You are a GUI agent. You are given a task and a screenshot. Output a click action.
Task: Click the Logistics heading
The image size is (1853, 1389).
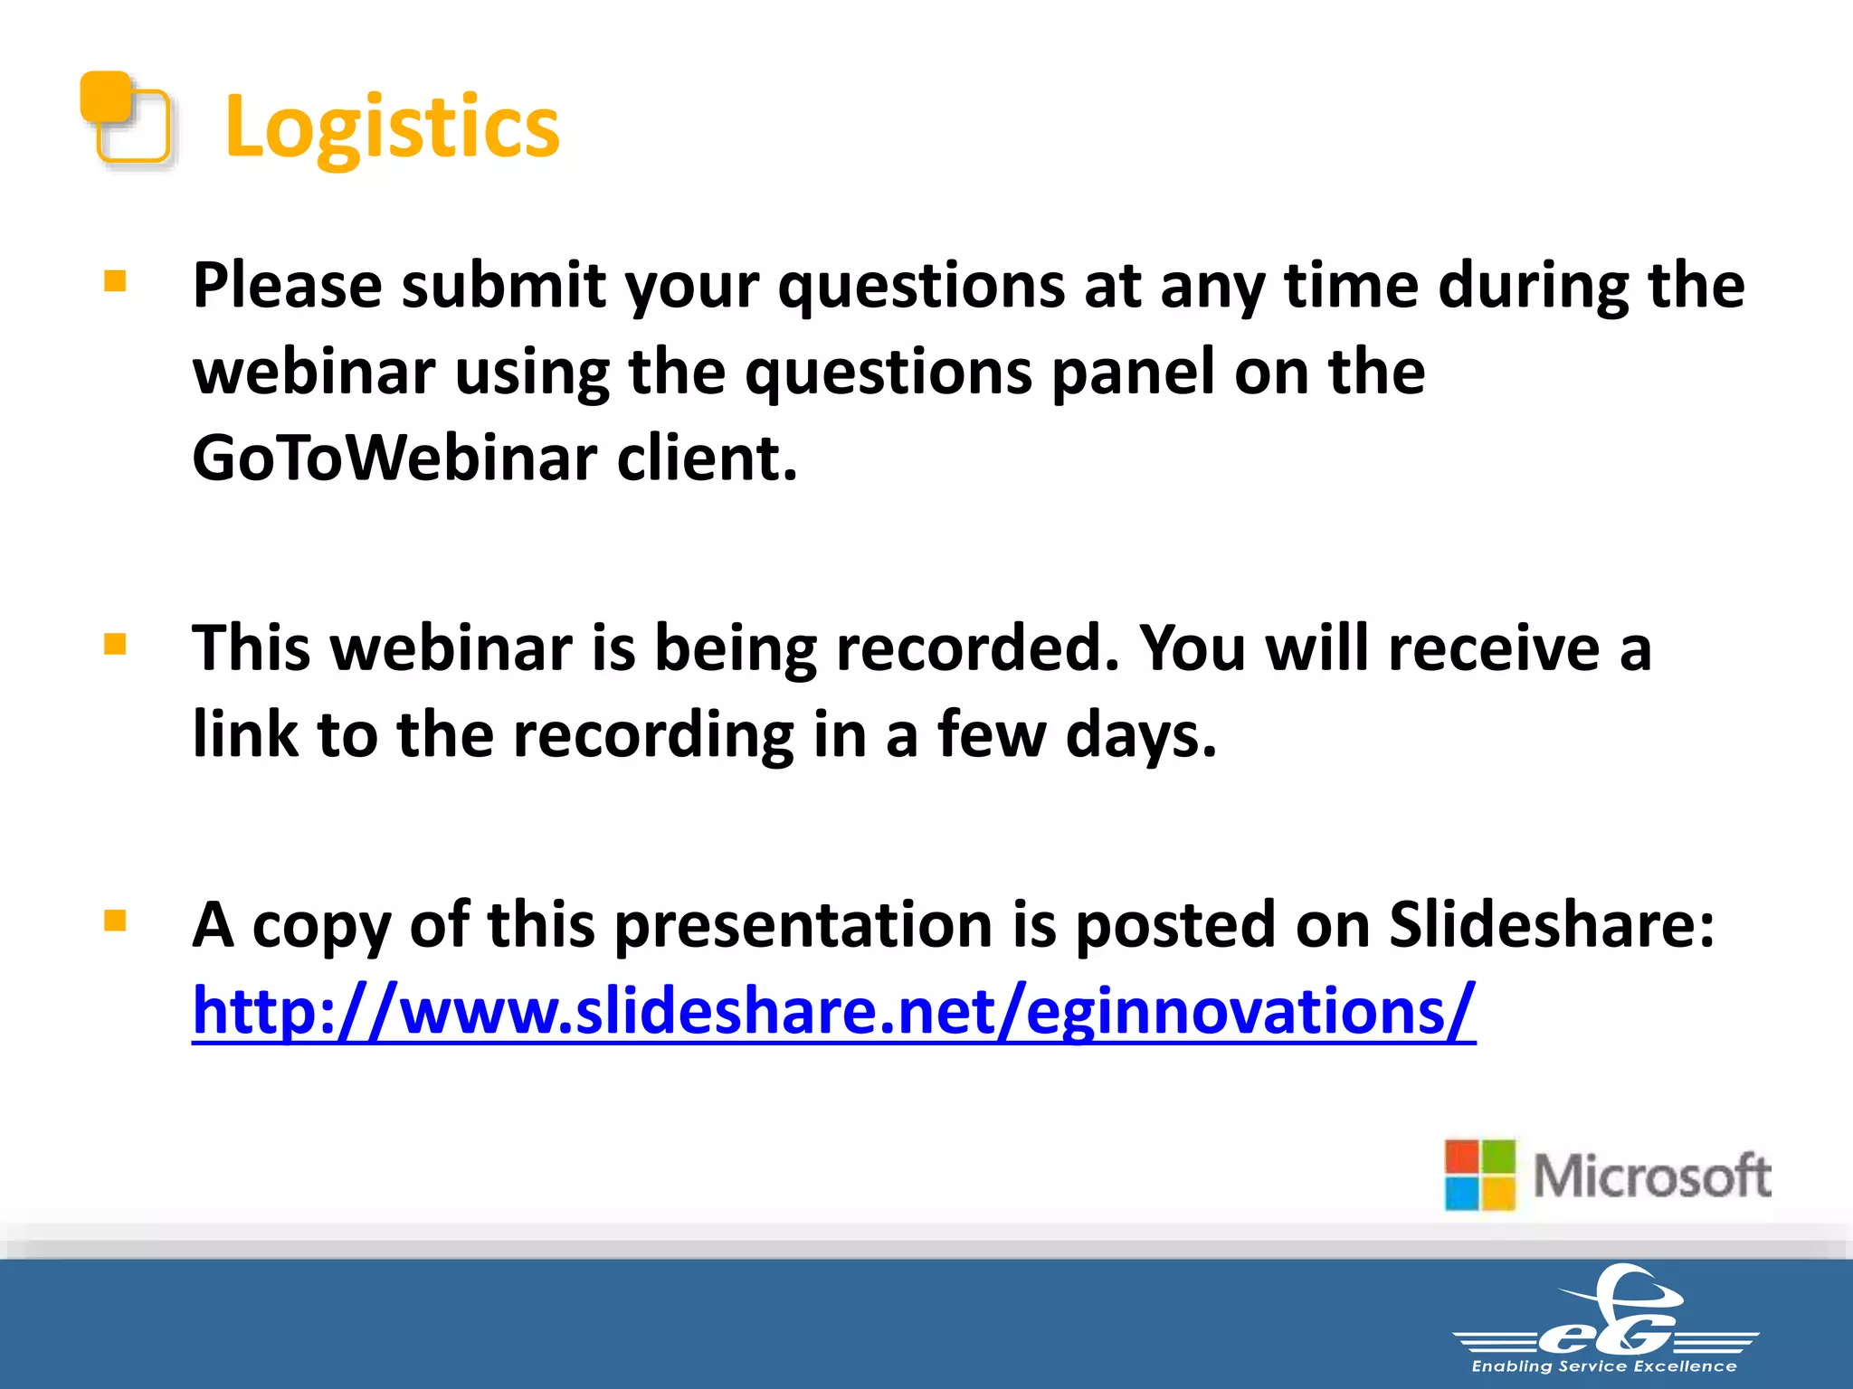[392, 127]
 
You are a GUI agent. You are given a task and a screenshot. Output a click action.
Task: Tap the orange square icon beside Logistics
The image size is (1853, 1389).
[126, 118]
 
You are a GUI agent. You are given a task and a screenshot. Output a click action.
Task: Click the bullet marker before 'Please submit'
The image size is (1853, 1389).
[115, 282]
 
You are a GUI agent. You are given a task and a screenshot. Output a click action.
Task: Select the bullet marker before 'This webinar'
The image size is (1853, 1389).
[115, 645]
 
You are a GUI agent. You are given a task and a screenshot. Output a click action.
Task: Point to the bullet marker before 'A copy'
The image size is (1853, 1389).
[115, 921]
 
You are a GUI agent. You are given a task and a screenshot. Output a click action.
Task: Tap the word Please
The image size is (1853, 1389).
[287, 286]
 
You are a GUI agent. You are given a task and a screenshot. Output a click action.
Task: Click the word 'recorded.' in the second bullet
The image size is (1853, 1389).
[977, 648]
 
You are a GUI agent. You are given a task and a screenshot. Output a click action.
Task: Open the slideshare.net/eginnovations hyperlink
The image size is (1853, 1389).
[833, 1011]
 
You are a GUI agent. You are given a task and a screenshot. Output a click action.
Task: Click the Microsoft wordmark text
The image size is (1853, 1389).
[1652, 1176]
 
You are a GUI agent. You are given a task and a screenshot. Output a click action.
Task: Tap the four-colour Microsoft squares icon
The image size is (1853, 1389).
[1479, 1175]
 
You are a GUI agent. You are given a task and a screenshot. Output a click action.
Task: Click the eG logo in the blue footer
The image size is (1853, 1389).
[1607, 1316]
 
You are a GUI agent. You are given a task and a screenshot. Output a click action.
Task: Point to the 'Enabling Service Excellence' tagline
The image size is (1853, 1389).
[1604, 1366]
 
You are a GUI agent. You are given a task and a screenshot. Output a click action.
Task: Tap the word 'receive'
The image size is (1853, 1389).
[1494, 648]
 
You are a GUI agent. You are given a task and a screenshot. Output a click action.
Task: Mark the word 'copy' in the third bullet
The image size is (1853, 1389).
[322, 927]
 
